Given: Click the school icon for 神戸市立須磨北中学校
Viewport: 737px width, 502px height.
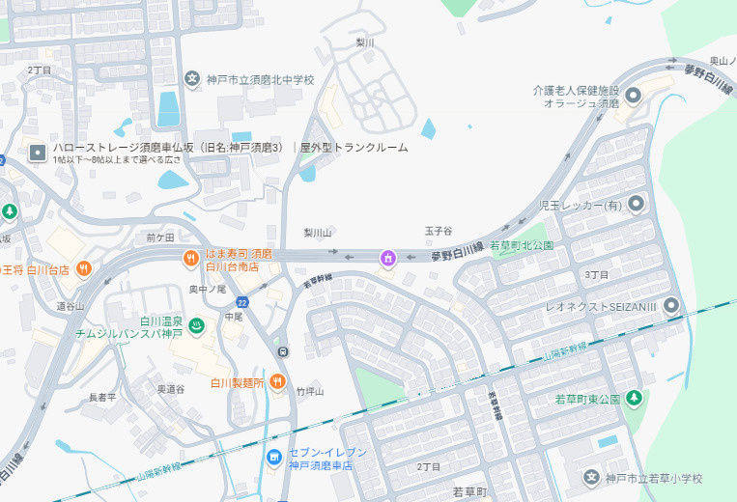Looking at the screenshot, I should [191, 79].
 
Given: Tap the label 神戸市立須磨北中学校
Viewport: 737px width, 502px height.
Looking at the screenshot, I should [261, 79].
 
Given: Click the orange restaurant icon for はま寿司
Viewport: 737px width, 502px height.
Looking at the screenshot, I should [191, 257].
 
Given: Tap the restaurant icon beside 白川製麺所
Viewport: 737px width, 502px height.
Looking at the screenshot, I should [277, 381].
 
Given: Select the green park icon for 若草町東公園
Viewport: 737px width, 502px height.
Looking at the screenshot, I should [635, 398].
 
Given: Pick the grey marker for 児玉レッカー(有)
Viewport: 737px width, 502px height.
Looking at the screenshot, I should [636, 205].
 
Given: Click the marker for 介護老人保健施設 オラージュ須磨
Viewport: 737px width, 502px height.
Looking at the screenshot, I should [634, 95].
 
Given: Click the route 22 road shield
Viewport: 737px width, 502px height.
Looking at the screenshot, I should [241, 302].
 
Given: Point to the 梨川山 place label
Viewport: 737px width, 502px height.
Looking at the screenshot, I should [318, 233].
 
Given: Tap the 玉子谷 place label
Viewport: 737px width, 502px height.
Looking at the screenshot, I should [439, 232].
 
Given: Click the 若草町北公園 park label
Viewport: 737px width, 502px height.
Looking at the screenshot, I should [522, 245].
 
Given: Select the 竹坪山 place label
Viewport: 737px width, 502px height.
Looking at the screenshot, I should [310, 391].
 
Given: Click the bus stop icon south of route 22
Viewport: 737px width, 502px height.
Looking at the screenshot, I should [283, 350].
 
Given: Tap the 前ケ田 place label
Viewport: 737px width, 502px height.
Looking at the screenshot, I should [160, 237].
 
